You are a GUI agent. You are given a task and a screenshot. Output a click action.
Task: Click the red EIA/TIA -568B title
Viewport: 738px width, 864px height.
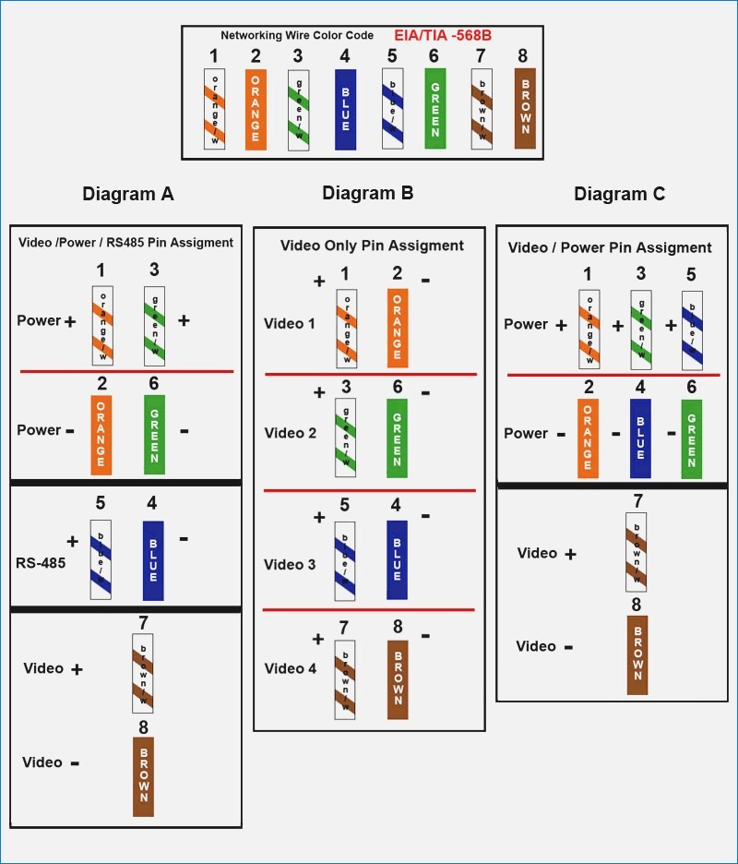pyautogui.click(x=443, y=35)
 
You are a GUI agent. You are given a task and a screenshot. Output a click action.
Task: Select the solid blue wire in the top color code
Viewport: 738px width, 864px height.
pyautogui.click(x=345, y=108)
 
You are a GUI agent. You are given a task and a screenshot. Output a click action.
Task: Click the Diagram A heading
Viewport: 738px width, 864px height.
pyautogui.click(x=128, y=194)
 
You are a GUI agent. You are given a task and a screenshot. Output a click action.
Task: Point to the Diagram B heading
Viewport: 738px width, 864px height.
pyautogui.click(x=368, y=193)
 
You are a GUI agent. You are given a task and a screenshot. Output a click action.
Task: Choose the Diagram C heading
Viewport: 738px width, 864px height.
pyautogui.click(x=620, y=194)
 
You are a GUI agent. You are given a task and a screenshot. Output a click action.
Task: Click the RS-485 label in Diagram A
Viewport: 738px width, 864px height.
pyautogui.click(x=41, y=560)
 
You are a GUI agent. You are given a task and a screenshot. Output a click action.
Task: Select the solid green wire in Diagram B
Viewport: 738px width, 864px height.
pyautogui.click(x=398, y=438)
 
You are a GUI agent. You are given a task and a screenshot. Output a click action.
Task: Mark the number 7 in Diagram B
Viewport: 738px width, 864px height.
pyautogui.click(x=344, y=629)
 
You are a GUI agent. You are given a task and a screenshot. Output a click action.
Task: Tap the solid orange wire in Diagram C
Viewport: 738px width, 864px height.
pyautogui.click(x=588, y=438)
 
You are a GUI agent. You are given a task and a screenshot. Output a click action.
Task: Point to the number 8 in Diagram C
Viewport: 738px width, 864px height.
pyautogui.click(x=637, y=606)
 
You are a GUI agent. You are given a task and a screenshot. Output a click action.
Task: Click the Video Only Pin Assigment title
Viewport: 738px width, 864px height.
pyautogui.click(x=372, y=246)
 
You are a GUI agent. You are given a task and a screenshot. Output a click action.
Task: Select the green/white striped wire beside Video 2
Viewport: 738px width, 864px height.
pyautogui.click(x=346, y=438)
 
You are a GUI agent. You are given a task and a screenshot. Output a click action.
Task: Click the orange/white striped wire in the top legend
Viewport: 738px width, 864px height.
pyautogui.click(x=214, y=108)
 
